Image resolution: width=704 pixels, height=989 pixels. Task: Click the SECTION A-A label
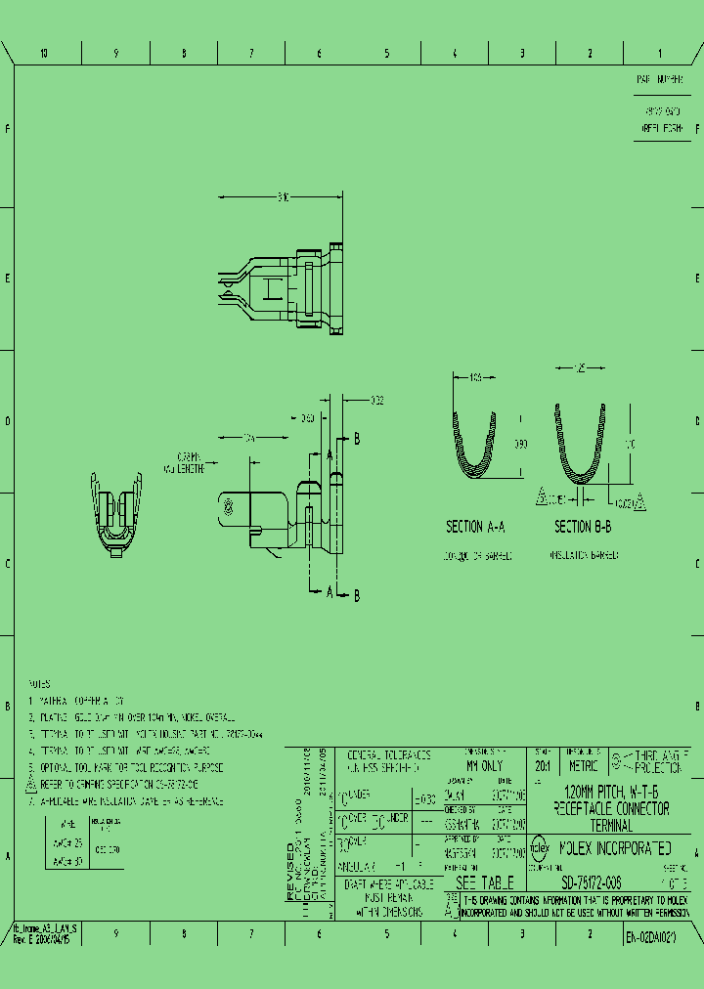tap(475, 527)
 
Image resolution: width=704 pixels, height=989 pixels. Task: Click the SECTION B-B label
tap(584, 527)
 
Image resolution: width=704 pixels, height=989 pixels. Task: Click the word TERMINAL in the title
tap(611, 826)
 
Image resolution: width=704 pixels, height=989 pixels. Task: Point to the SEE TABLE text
tap(479, 883)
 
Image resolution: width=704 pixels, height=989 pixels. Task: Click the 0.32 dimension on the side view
tap(377, 400)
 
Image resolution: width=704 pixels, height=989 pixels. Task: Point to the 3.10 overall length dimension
tap(283, 197)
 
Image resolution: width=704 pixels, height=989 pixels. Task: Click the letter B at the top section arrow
tap(357, 440)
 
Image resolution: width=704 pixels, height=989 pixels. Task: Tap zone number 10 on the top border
tap(44, 54)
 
